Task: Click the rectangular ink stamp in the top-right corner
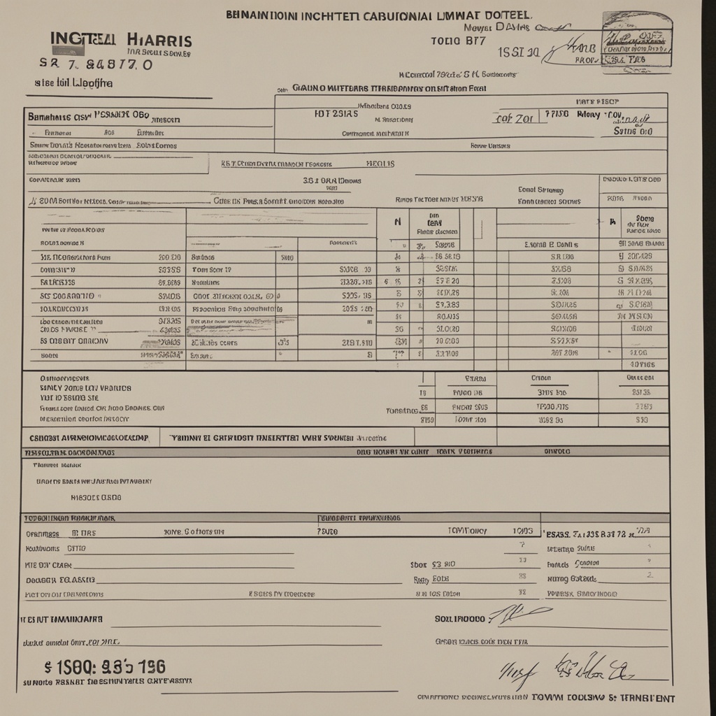(x=637, y=42)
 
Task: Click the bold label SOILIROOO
(x=459, y=619)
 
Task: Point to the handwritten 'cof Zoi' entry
(x=514, y=118)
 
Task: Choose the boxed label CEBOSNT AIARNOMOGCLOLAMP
(x=89, y=438)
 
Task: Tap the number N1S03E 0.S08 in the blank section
(x=96, y=498)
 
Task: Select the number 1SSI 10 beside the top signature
(x=518, y=52)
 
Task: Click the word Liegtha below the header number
(x=87, y=83)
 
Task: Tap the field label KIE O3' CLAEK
(x=49, y=564)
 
